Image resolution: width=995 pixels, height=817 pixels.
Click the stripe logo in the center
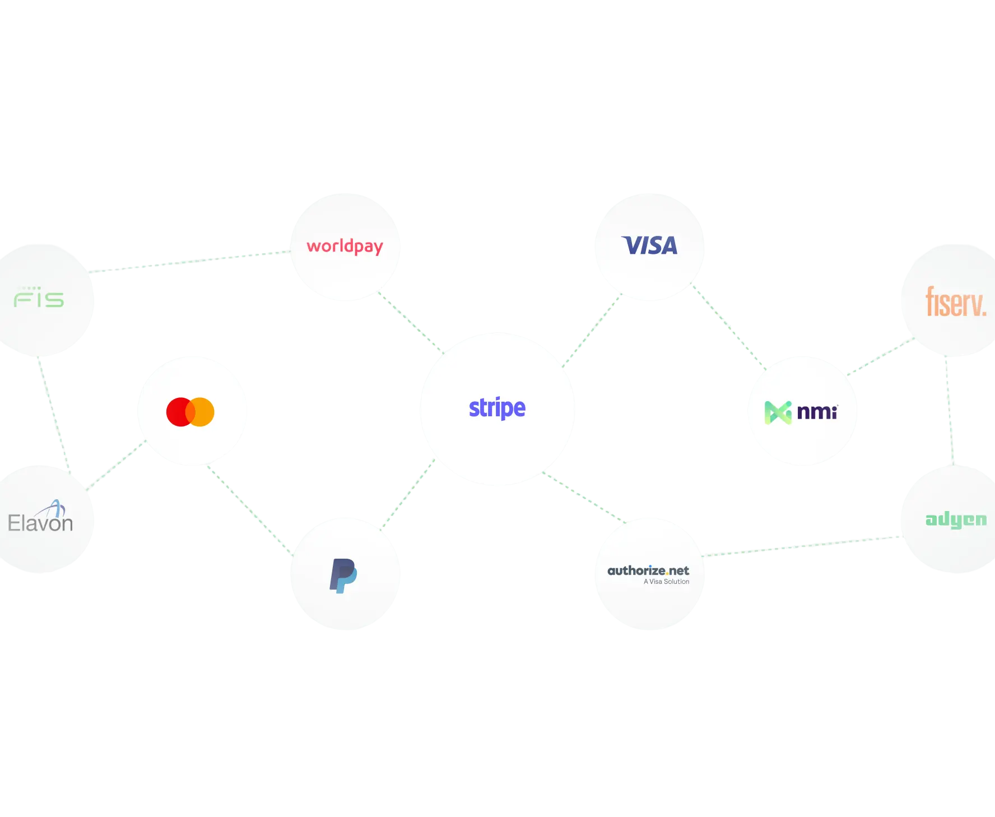point(497,408)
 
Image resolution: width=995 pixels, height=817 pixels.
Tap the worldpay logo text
point(345,247)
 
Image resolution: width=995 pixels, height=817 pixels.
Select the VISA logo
point(649,245)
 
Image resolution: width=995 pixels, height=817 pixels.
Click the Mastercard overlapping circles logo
point(190,412)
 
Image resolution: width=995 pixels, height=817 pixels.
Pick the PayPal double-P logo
point(343,575)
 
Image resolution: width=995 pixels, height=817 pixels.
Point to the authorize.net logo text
point(648,570)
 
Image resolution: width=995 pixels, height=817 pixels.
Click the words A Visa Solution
point(666,582)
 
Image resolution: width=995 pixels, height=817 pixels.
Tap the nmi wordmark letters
point(817,412)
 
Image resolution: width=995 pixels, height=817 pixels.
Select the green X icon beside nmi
point(778,413)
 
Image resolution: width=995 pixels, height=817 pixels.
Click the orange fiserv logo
point(956,302)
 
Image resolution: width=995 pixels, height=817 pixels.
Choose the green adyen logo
point(956,520)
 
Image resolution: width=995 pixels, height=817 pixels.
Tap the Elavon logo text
point(40,523)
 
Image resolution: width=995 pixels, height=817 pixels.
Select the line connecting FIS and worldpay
point(190,261)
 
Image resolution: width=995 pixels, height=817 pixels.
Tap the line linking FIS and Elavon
point(54,412)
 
